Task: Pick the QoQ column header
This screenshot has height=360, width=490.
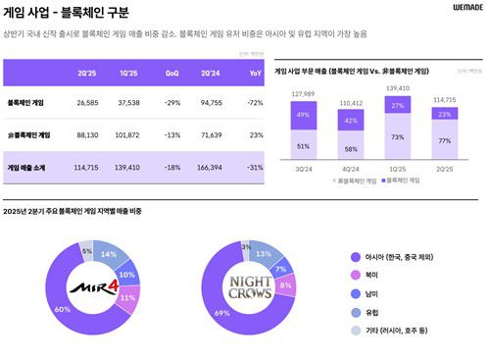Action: point(172,74)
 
